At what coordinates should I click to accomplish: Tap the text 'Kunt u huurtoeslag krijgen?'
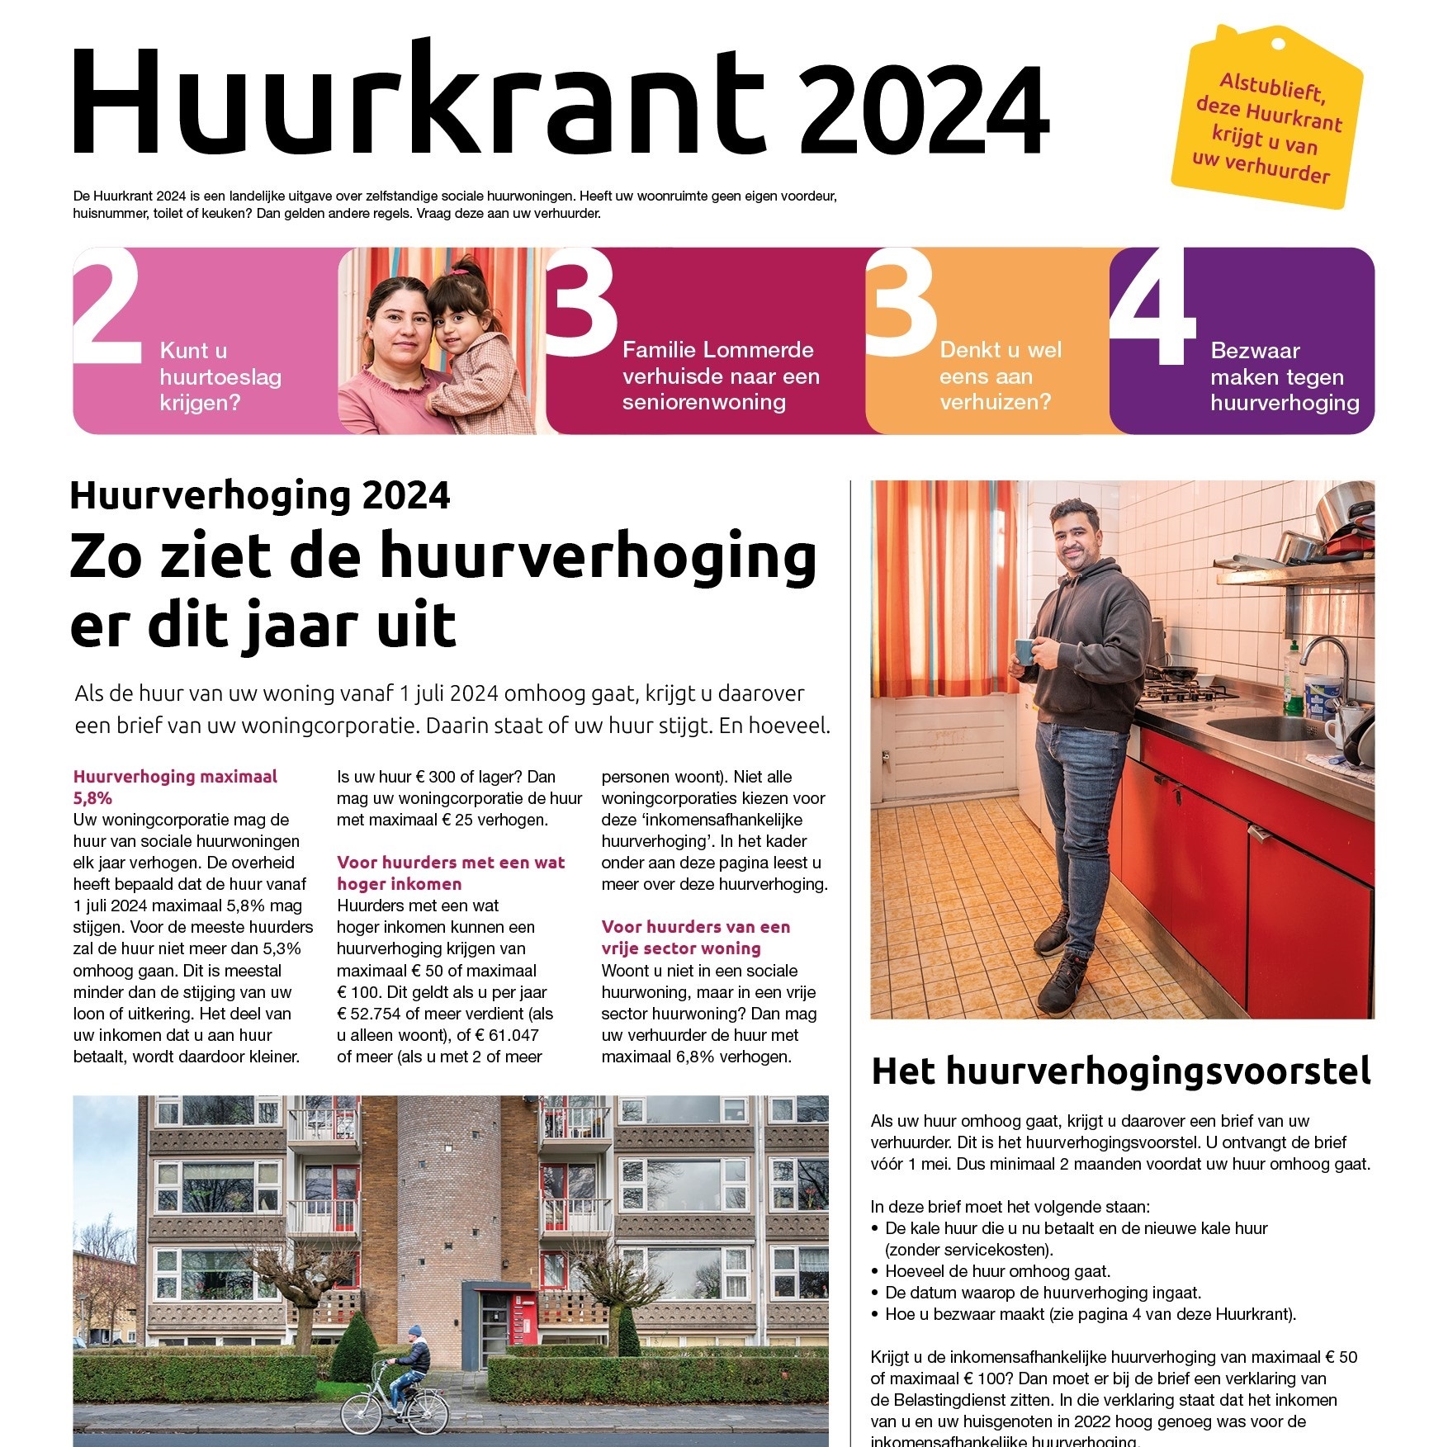point(220,376)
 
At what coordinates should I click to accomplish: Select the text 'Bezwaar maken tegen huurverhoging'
point(1284,376)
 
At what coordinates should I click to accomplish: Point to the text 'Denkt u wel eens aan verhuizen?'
point(1000,376)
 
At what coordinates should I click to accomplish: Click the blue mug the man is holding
point(1024,651)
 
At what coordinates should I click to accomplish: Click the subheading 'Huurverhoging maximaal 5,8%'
point(174,787)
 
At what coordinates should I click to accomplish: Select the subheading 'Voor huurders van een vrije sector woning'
point(695,937)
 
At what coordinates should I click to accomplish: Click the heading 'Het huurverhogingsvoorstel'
point(1120,1071)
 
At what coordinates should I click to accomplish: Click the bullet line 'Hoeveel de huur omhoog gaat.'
point(997,1271)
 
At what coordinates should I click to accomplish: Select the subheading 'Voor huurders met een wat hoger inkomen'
point(451,872)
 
